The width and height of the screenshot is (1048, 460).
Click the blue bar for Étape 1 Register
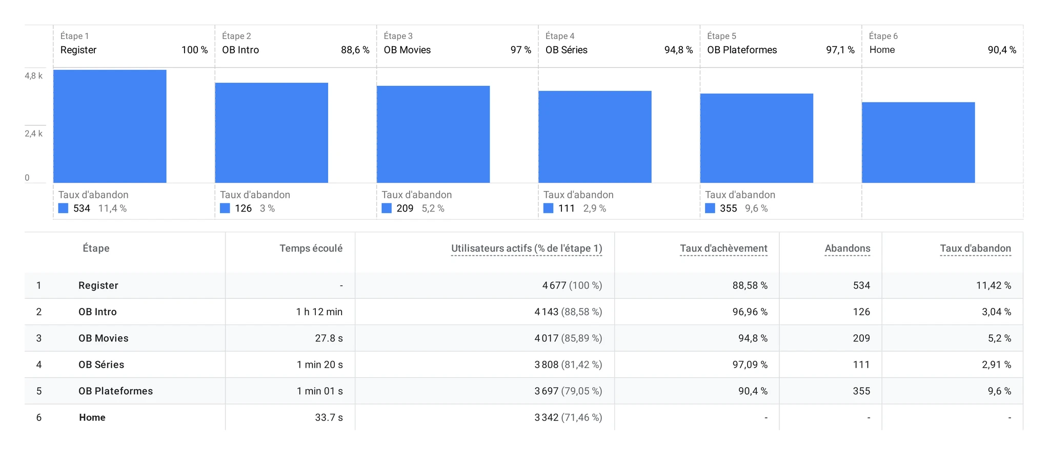(x=110, y=126)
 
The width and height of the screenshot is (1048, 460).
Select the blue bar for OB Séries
(x=595, y=137)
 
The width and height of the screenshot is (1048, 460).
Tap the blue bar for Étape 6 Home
(x=918, y=142)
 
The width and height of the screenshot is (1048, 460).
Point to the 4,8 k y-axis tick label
(x=34, y=76)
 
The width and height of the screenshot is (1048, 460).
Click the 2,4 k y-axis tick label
(x=34, y=133)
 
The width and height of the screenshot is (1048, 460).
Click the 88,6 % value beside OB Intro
(x=355, y=50)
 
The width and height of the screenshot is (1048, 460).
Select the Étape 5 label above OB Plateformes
(x=721, y=36)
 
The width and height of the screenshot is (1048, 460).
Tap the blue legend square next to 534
(x=63, y=208)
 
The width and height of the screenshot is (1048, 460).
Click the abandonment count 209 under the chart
(x=405, y=208)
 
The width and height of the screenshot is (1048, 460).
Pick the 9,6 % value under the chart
(x=756, y=208)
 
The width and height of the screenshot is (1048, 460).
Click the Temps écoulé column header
(x=311, y=248)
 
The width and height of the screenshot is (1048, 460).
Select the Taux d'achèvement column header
(x=723, y=248)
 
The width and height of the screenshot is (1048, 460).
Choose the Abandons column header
(x=848, y=248)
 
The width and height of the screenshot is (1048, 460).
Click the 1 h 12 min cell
(x=319, y=312)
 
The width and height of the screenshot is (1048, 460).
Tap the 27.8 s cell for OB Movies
(x=329, y=338)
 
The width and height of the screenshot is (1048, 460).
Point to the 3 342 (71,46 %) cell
(x=568, y=417)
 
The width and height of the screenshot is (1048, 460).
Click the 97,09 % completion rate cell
(x=750, y=365)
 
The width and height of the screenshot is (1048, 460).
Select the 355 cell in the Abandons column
(x=861, y=391)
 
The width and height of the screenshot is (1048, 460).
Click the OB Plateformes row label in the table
(x=115, y=391)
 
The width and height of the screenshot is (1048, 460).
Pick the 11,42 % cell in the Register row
(x=994, y=285)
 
